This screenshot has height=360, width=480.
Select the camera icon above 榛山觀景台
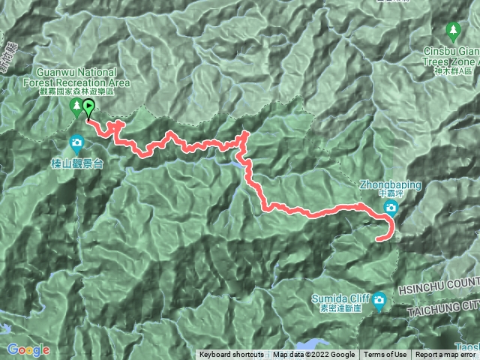click(x=76, y=142)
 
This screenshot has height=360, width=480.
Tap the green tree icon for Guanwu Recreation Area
click(x=76, y=109)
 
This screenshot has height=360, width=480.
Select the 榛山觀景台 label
click(x=76, y=161)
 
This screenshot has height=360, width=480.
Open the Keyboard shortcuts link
click(x=231, y=355)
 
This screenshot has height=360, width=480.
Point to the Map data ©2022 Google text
click(x=314, y=355)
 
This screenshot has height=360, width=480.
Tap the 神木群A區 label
click(x=454, y=70)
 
